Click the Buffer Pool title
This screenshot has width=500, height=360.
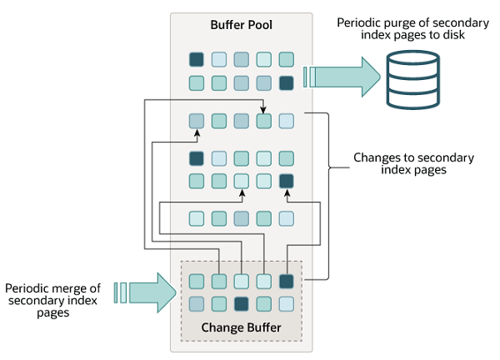[x=241, y=26]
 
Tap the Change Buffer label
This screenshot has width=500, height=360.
[x=241, y=326]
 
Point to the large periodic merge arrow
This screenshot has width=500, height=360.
[x=154, y=292]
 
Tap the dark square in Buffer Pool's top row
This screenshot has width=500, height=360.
[x=197, y=59]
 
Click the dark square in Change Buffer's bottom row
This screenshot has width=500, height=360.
[x=242, y=303]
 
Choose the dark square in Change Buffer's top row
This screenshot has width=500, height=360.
[x=287, y=281]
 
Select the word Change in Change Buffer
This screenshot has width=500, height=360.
[x=222, y=326]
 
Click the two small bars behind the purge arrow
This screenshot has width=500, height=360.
[x=309, y=77]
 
